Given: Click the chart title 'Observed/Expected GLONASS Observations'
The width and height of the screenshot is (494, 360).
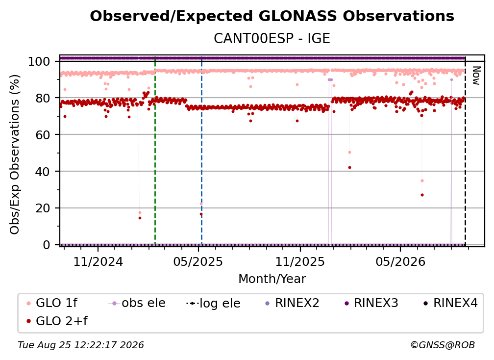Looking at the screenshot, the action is (272, 16).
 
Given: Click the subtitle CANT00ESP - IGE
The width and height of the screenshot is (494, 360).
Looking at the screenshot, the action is (272, 38).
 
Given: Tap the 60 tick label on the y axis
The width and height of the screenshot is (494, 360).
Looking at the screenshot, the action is (43, 135).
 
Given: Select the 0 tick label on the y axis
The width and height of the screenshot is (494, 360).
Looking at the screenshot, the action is (46, 245).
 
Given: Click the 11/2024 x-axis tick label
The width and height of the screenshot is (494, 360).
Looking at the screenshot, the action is (98, 261).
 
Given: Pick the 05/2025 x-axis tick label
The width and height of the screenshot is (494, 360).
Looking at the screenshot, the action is (198, 261).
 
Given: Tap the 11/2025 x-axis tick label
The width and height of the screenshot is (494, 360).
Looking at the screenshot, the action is (300, 261).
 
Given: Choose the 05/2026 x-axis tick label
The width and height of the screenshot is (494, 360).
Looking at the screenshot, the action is (400, 261).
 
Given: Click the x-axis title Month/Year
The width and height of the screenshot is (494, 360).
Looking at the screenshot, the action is (272, 279).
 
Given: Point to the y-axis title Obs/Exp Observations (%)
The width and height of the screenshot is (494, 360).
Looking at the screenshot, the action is (15, 154).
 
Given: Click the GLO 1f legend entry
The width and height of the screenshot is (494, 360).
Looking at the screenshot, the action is (52, 303).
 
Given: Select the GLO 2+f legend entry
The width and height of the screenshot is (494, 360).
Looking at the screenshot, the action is (57, 321).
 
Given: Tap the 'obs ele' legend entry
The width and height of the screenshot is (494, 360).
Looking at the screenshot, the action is (136, 303).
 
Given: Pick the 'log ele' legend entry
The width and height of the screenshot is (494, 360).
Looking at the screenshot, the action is (213, 303).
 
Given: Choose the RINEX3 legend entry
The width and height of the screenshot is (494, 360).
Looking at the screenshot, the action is (372, 303).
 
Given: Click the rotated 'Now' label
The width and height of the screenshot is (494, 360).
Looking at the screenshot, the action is (476, 76).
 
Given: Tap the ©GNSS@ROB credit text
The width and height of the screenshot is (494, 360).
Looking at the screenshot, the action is (443, 345).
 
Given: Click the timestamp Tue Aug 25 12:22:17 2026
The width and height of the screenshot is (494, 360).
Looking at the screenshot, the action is (81, 345).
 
